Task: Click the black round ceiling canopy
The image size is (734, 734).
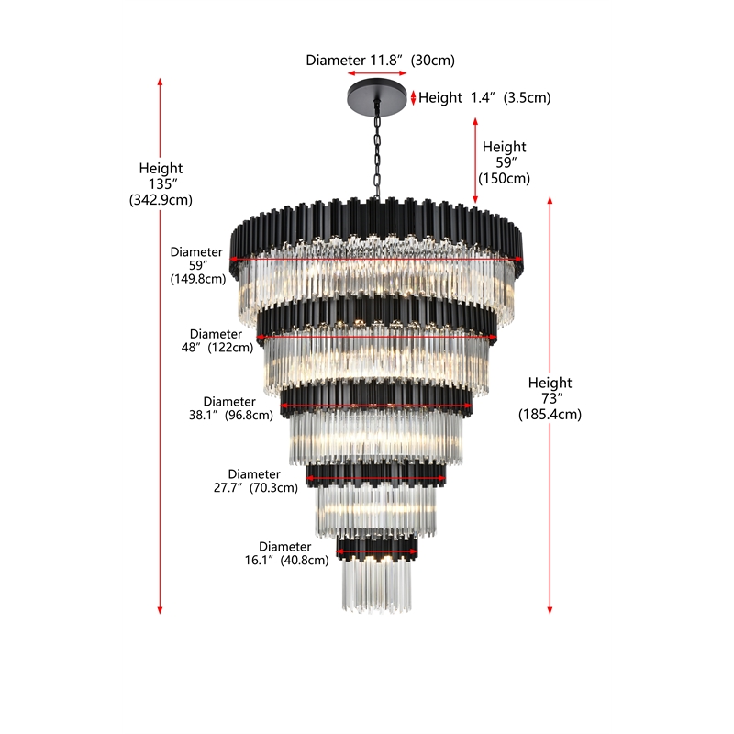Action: tap(377, 96)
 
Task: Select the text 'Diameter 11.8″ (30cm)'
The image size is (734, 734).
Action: tap(380, 61)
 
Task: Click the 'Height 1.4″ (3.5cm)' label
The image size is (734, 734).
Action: tap(484, 97)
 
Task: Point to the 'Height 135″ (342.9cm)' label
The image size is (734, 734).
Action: tap(161, 184)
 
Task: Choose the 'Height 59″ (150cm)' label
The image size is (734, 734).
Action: tap(504, 162)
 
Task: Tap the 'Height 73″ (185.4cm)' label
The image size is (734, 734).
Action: tap(550, 398)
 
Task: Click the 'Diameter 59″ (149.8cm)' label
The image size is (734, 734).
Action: tap(197, 265)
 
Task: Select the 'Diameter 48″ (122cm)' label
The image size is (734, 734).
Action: tap(217, 340)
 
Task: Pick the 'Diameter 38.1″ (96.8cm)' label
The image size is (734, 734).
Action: tap(231, 408)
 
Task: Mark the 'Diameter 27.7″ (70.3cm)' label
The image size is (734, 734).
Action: tap(256, 481)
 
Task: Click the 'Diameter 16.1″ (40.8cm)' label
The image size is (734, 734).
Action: tap(286, 553)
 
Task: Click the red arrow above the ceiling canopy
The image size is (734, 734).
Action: tap(377, 73)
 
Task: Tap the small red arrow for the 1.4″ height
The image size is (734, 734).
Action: tap(414, 97)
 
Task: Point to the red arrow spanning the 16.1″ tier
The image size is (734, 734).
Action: tap(377, 551)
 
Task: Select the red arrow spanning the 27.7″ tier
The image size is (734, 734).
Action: tap(376, 478)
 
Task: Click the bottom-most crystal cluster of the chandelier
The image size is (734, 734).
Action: tap(377, 585)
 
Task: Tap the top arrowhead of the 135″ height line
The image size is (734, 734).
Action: tap(160, 82)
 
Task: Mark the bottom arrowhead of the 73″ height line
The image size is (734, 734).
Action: tap(550, 610)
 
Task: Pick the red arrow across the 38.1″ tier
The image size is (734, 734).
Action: tap(376, 406)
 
